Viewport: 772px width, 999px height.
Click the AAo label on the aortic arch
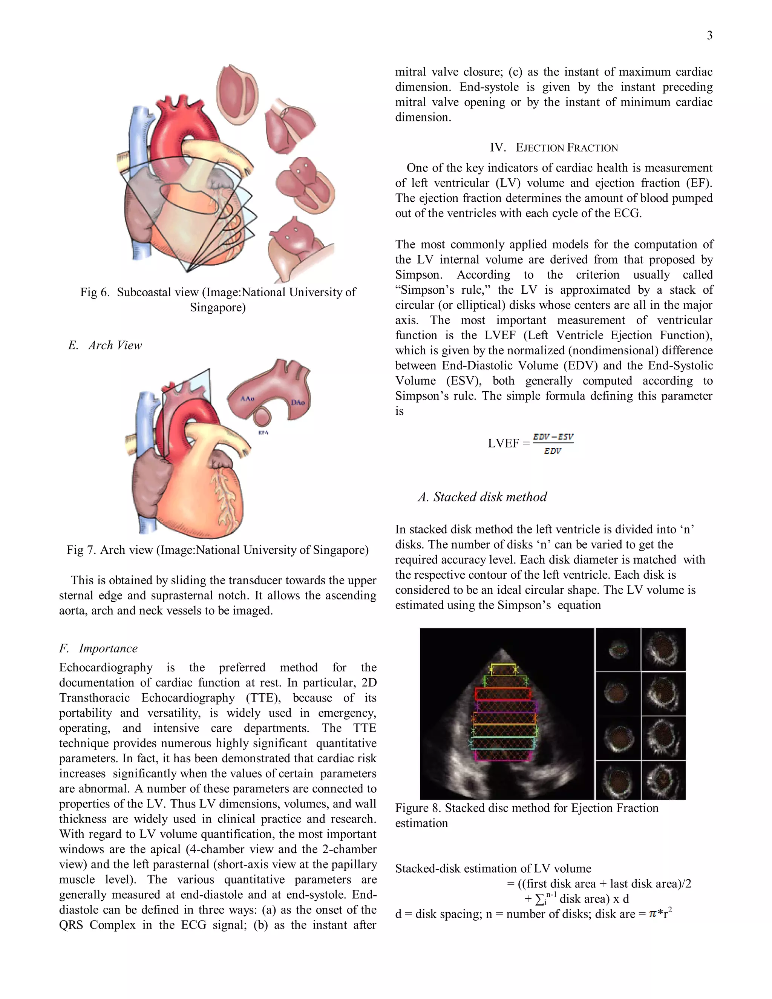coord(247,399)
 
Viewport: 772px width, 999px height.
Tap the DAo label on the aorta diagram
coord(298,403)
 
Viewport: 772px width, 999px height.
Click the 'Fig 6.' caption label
coord(95,292)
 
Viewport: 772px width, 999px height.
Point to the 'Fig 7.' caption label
coord(81,550)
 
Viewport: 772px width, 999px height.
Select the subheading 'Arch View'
coord(115,345)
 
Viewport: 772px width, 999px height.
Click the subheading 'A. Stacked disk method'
coord(482,497)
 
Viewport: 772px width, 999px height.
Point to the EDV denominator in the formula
coord(553,451)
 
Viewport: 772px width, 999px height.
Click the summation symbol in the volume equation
coord(540,899)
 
